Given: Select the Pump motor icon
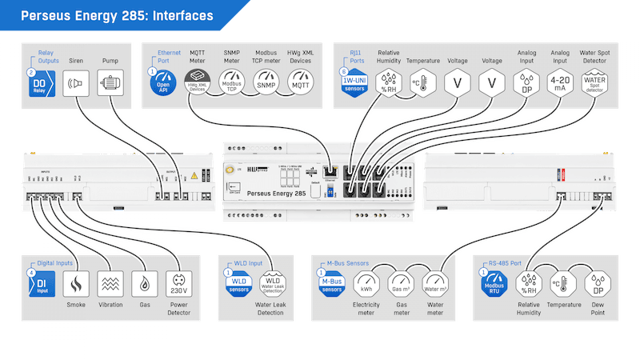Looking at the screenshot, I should pos(111,82).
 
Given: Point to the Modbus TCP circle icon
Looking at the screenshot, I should pos(231,82).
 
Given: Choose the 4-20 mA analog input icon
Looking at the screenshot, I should pos(561,82).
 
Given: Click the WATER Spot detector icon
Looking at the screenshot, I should pos(595,82).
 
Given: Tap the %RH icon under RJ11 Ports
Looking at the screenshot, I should pos(388,82).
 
